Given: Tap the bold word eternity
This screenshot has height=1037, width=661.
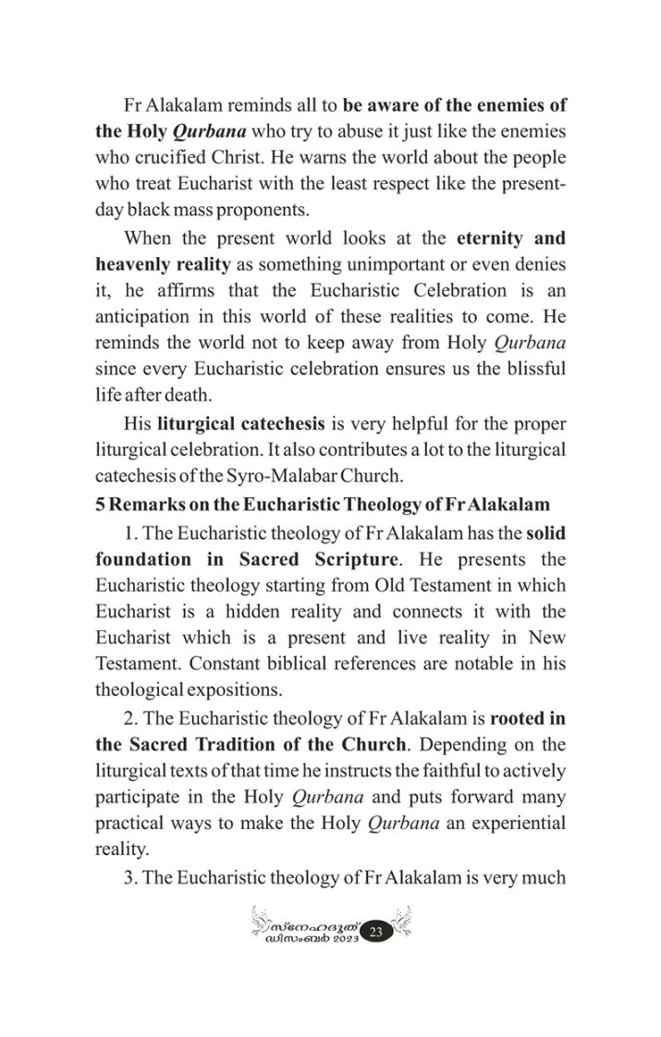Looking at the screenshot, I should (x=498, y=238).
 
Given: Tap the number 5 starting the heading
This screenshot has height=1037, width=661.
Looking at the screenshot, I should (x=100, y=504).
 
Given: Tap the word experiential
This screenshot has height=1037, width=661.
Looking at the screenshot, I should (x=517, y=823).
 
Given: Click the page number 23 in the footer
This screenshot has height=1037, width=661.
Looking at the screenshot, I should (x=375, y=933).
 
